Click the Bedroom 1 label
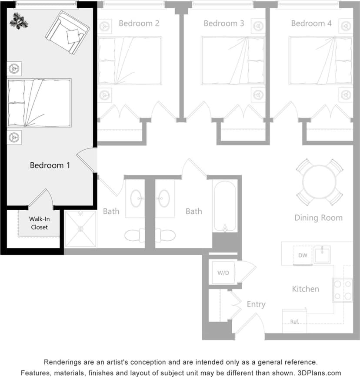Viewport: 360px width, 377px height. point(50,165)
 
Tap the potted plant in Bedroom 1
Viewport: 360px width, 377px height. point(18,19)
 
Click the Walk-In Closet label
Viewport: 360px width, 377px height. point(39,223)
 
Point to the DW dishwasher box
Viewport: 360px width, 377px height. point(303,256)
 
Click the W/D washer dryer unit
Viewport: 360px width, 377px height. point(223,273)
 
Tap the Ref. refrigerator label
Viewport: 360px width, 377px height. point(294,322)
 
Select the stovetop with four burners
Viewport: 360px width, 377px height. point(343,290)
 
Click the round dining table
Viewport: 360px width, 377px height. point(320,182)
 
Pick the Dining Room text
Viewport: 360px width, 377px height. point(318,218)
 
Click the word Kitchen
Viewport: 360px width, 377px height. point(305,289)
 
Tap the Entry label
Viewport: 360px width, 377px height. point(256,304)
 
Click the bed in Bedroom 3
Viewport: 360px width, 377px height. point(233,61)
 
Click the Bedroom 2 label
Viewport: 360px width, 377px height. point(139,23)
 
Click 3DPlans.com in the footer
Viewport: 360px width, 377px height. point(319,373)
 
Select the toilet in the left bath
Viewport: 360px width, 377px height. point(135,236)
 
